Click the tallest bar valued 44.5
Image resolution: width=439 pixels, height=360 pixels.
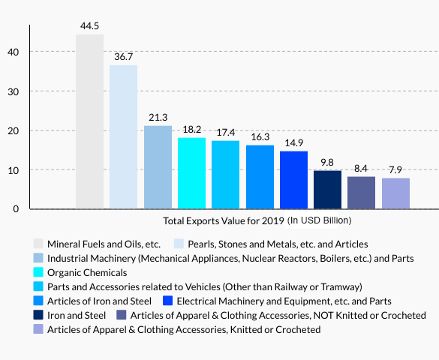[x=89, y=121]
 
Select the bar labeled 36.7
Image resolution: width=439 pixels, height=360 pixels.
[x=123, y=136]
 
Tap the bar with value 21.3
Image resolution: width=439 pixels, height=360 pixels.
[x=158, y=167]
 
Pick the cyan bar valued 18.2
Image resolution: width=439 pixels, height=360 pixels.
[x=191, y=173]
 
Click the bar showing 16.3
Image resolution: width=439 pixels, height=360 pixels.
[x=260, y=177]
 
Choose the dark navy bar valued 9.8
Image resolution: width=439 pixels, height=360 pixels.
[x=327, y=190]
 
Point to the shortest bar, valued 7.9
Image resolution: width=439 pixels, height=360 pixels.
[x=395, y=193]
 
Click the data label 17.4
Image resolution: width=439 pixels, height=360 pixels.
[x=226, y=132]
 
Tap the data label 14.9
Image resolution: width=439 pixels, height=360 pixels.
[x=293, y=143]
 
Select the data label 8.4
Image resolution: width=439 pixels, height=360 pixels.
[x=362, y=168]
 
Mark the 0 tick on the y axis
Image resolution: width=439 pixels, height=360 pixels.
[x=17, y=209]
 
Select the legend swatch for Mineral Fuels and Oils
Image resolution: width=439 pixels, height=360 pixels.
[x=38, y=244]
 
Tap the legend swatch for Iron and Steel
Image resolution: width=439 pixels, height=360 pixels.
[x=38, y=315]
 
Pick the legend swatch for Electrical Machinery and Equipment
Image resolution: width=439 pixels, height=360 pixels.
[x=169, y=301]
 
